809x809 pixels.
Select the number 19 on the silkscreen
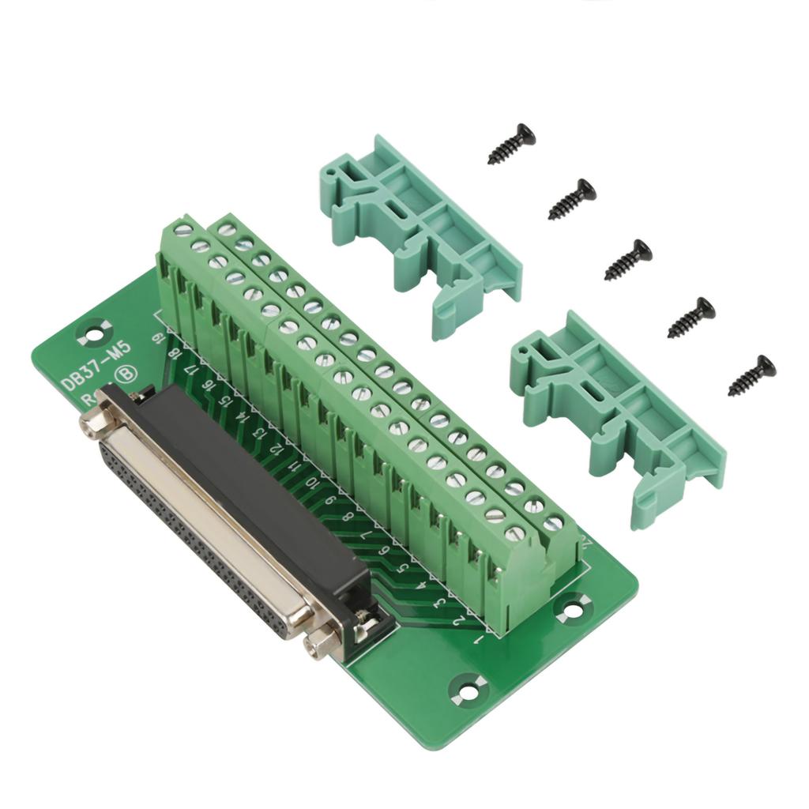coord(161,338)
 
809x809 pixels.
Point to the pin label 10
coord(313,481)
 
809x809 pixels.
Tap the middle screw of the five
coord(629,261)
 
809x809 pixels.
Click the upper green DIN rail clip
coord(419,233)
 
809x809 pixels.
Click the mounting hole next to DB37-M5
coord(94,326)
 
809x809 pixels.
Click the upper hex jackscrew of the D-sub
coord(93,423)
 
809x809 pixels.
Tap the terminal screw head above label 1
coord(514,534)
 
